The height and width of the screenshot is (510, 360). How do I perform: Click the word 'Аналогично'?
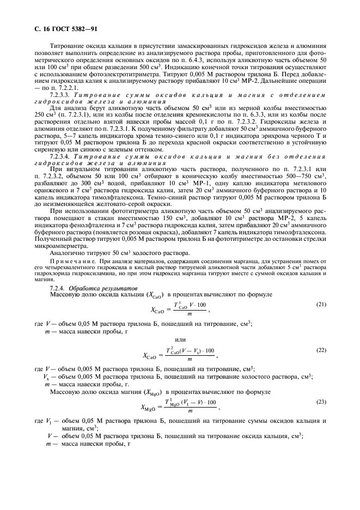coord(67,253)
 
